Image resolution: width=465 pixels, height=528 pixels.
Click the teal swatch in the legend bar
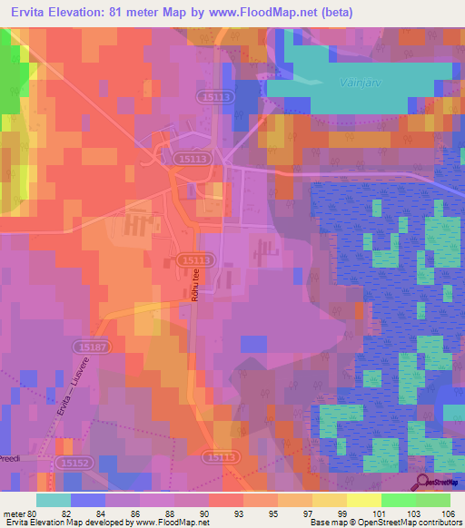click(x=54, y=500)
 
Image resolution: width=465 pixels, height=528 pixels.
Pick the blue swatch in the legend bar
click(x=87, y=500)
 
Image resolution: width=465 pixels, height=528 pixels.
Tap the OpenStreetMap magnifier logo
click(x=422, y=482)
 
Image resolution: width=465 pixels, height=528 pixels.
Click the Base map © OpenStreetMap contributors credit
click(x=385, y=523)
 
